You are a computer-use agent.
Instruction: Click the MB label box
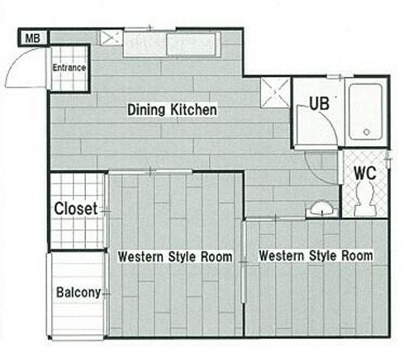(33, 38)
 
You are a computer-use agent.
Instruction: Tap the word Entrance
(69, 68)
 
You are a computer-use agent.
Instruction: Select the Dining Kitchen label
(172, 110)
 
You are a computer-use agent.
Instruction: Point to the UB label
(320, 103)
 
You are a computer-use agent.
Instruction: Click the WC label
(365, 173)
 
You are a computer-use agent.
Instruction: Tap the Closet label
(76, 208)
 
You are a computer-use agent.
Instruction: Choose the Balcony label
(78, 292)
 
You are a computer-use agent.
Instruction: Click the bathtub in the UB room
(366, 111)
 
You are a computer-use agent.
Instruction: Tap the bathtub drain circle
(367, 132)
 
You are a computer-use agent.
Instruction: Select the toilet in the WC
(365, 199)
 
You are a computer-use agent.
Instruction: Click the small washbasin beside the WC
(322, 209)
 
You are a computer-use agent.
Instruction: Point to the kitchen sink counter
(172, 45)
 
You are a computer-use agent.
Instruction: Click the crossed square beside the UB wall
(275, 92)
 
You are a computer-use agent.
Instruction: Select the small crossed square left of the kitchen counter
(111, 37)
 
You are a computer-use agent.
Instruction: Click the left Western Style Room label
(175, 257)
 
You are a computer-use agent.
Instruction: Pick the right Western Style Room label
(316, 256)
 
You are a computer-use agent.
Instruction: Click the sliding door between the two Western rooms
(243, 262)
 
